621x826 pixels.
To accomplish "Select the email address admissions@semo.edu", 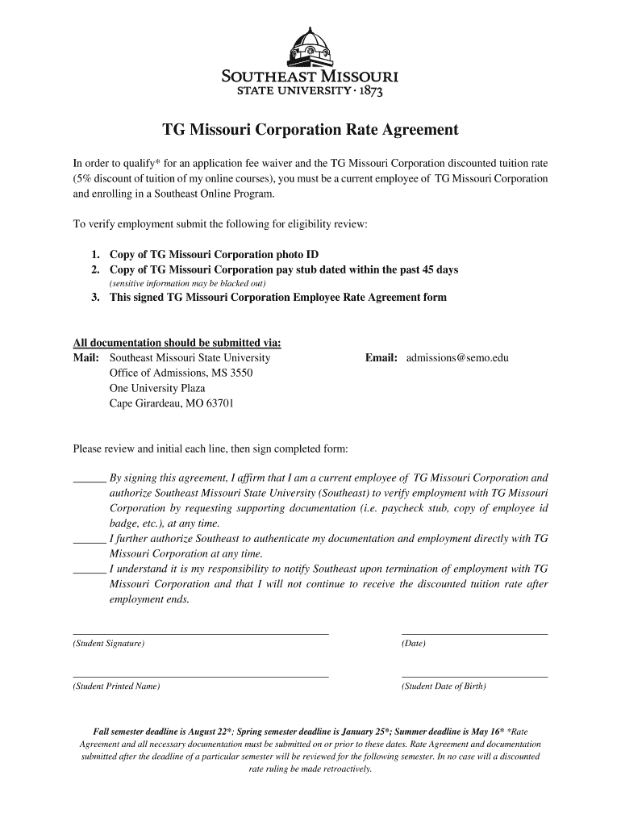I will (x=457, y=357).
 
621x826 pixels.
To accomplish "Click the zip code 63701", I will (x=220, y=403).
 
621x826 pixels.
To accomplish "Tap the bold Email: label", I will (x=381, y=357).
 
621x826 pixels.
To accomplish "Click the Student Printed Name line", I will (x=201, y=677).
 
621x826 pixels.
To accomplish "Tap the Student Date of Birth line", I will (x=474, y=677).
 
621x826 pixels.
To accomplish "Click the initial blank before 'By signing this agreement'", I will (x=89, y=479).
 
